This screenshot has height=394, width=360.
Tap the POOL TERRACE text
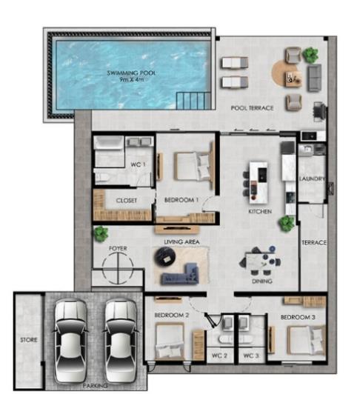(x=252, y=108)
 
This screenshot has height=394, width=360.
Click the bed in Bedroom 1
(x=191, y=166)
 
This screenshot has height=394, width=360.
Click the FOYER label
(x=118, y=248)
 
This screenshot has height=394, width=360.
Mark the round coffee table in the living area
(x=164, y=256)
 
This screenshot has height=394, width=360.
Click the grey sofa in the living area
(x=184, y=275)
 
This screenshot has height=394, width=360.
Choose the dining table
(x=263, y=261)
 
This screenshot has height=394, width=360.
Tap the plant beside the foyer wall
(x=100, y=233)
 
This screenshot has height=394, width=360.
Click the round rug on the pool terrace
(x=285, y=73)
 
